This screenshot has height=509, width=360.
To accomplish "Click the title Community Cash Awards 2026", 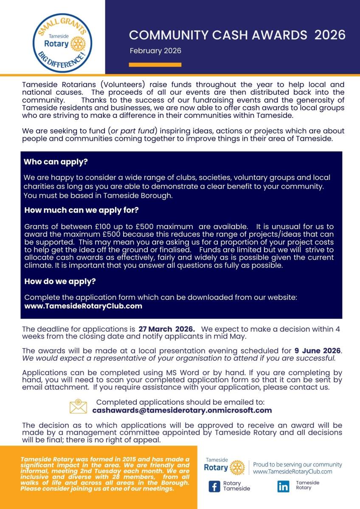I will tap(237, 35).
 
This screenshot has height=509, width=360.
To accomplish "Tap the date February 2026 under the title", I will tap(155, 51).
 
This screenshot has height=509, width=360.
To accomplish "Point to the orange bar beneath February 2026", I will tap(155, 65).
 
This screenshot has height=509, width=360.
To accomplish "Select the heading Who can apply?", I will tap(59, 162).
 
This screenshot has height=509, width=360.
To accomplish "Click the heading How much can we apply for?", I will tap(82, 210).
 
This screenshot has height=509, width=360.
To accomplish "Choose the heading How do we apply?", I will tap(60, 281).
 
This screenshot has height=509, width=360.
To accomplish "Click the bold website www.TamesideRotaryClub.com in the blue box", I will tap(83, 306).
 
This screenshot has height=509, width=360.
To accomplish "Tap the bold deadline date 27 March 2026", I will tap(166, 329).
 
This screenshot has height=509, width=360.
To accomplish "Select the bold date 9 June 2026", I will tap(318, 351).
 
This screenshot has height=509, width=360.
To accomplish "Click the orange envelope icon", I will tap(78, 406).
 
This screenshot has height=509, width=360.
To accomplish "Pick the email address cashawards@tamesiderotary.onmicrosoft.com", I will tap(182, 410).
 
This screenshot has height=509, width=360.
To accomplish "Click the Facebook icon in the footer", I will tap(214, 486).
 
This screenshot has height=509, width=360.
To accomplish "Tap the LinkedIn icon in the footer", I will tap(283, 486).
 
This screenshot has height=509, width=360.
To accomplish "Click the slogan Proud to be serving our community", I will tap(297, 464).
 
